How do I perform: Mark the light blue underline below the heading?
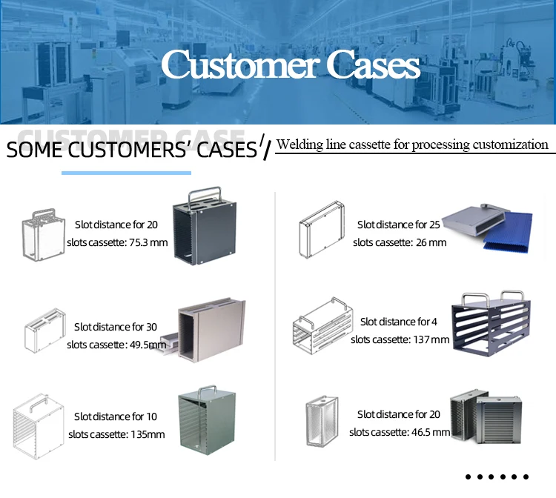(x=125, y=173)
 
